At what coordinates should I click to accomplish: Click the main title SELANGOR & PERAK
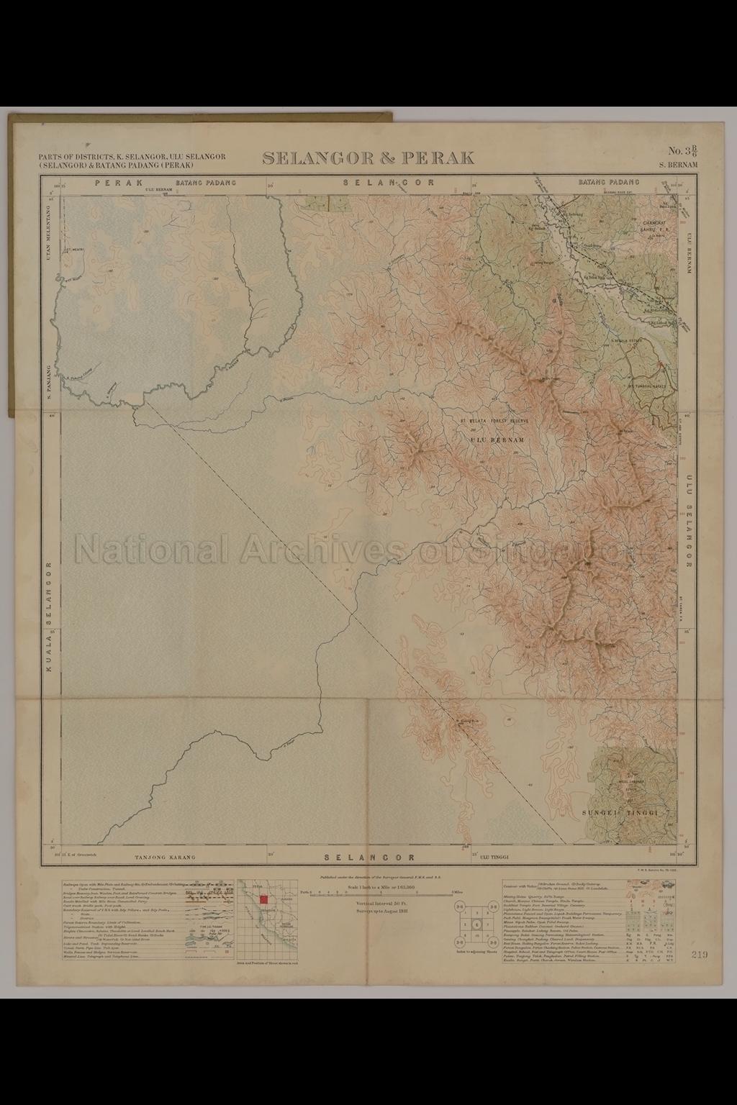pos(368,158)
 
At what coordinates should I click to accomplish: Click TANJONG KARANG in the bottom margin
pos(166,858)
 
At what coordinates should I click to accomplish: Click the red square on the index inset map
pos(264,899)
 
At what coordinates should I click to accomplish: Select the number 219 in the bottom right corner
pos(697,955)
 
